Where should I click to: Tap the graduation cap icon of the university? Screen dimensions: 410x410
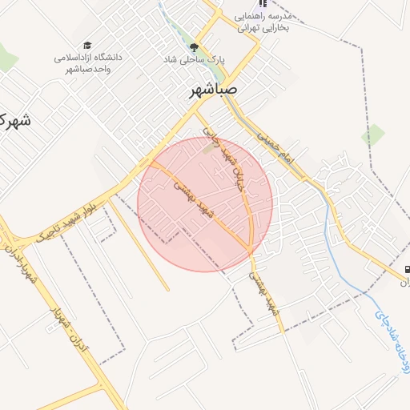pos(86,46)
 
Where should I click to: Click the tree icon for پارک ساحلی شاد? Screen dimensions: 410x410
pos(195,48)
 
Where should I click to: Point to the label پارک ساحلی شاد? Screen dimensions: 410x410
pos(195,60)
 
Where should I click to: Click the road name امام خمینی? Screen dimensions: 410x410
pos(276,149)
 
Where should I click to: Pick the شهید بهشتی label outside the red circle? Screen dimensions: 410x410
pos(264,291)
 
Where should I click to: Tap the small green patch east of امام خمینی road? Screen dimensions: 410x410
pos(372,134)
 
